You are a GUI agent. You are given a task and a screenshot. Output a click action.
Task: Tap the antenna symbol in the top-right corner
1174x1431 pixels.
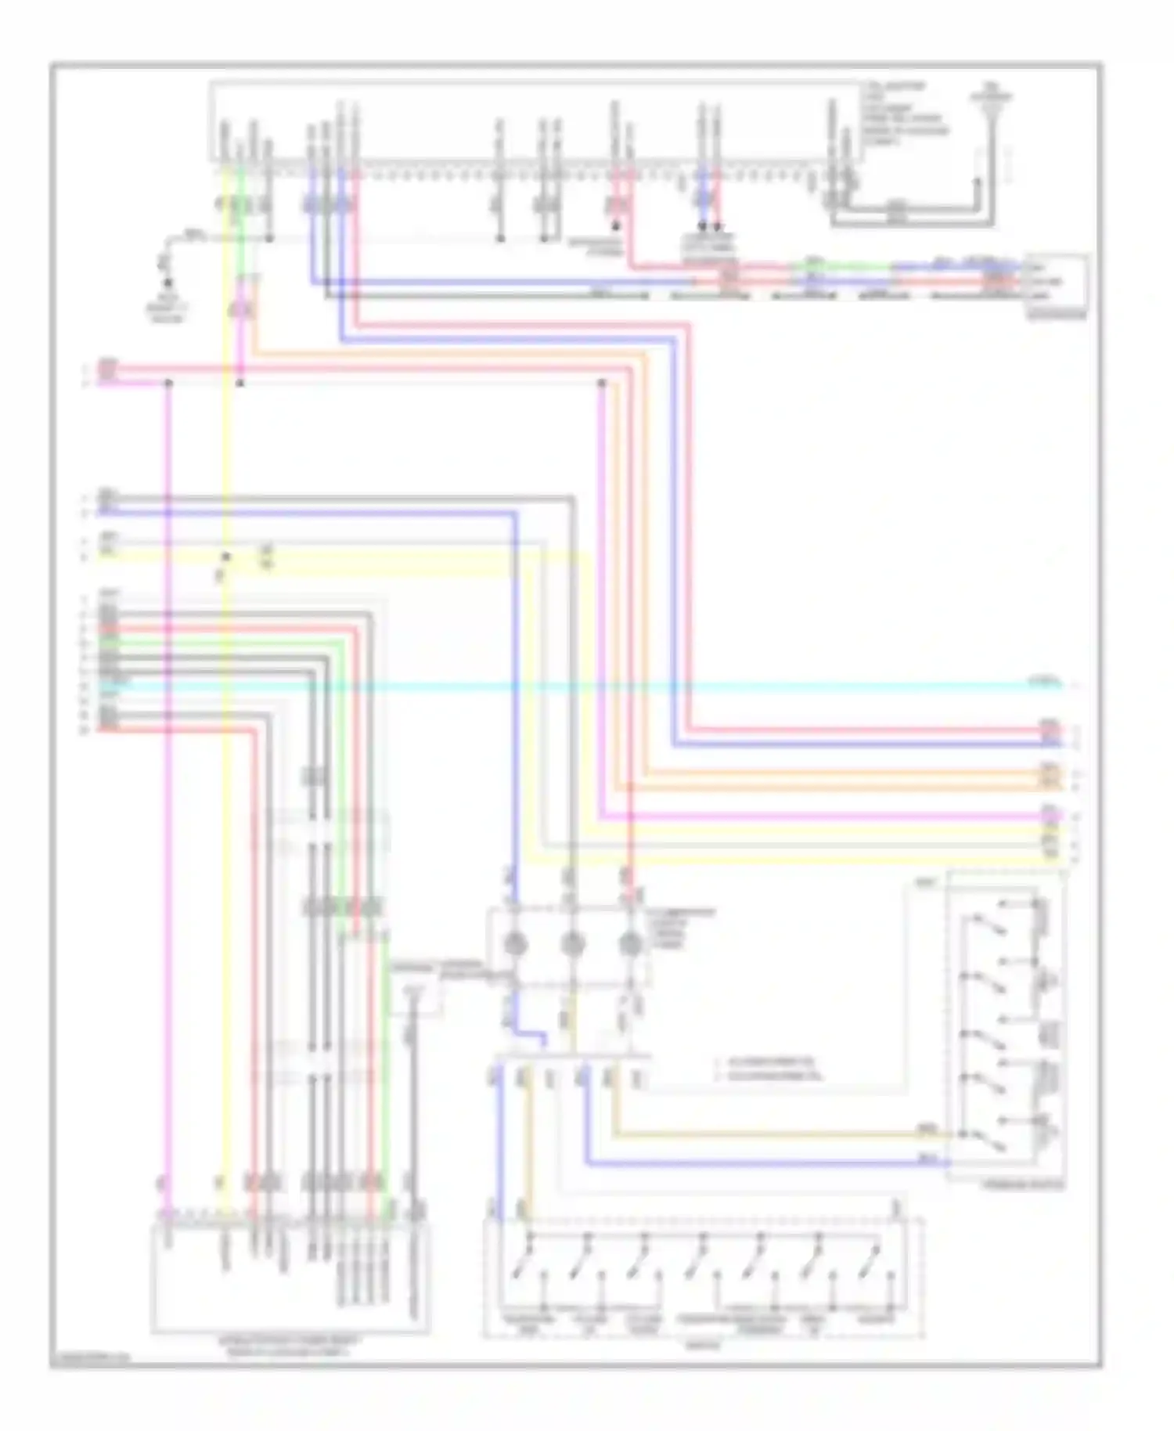coord(991,106)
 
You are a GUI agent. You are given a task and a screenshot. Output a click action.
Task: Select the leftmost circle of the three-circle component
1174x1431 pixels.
coord(514,945)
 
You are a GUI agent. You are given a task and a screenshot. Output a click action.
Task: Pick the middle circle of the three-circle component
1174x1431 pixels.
coord(572,945)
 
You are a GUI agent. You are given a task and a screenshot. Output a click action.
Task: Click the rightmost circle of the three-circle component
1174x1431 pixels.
coord(630,945)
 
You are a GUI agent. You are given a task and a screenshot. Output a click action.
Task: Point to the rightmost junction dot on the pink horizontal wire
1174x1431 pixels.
coord(602,383)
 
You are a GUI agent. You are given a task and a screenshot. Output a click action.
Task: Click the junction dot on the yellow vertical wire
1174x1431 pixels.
coord(225,557)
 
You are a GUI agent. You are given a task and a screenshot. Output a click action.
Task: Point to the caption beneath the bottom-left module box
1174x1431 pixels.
coord(290,1346)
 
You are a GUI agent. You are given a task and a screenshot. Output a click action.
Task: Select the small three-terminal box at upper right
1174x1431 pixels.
coord(1057,282)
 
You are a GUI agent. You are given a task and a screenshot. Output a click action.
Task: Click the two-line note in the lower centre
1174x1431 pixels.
coord(771,1069)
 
